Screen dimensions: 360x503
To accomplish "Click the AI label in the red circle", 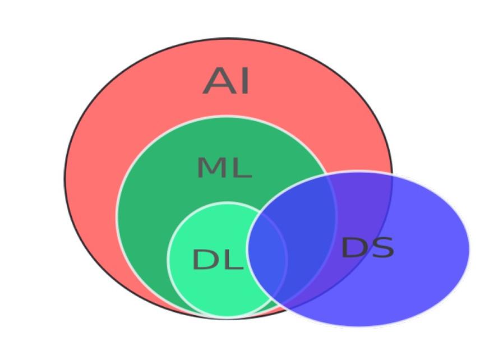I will pyautogui.click(x=227, y=81).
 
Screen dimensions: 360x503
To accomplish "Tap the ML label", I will pyautogui.click(x=224, y=167).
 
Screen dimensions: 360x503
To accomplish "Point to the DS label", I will pyautogui.click(x=367, y=247).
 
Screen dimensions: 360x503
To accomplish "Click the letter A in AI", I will pyautogui.click(x=218, y=81).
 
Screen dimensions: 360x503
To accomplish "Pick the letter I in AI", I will pyautogui.click(x=244, y=81).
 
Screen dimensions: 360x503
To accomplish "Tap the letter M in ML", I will pyautogui.click(x=211, y=167).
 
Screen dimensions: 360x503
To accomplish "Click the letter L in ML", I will pyautogui.click(x=242, y=167).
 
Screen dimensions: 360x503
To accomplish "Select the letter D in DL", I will pyautogui.click(x=204, y=259).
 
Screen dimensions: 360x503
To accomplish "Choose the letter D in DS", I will pyautogui.click(x=353, y=247).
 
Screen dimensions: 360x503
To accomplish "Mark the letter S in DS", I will pyautogui.click(x=382, y=247).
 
